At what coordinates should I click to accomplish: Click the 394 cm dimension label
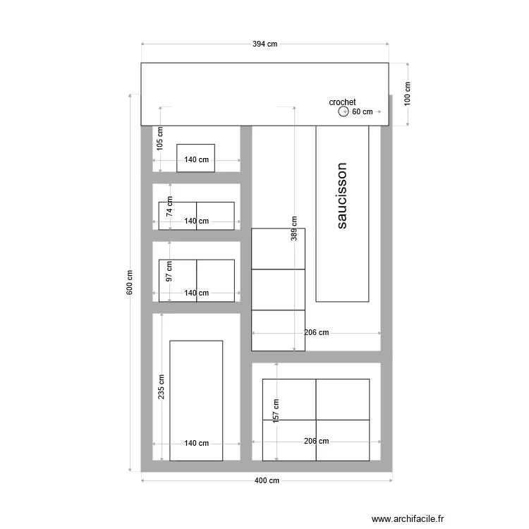[265, 44]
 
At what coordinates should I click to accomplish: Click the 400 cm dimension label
[266, 481]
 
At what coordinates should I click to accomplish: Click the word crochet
[342, 102]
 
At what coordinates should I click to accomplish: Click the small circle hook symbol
[343, 111]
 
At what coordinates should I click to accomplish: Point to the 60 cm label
[362, 111]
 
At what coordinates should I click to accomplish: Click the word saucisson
[341, 196]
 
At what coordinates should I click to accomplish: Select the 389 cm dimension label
[294, 229]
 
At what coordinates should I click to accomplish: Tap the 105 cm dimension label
[161, 139]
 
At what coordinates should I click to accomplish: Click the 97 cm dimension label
[169, 272]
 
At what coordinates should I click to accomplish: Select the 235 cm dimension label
[162, 386]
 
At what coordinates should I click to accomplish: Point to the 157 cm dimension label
[276, 412]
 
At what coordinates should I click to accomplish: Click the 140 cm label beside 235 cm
[197, 444]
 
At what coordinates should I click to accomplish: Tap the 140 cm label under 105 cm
[197, 160]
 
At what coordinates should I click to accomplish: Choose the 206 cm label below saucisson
[317, 332]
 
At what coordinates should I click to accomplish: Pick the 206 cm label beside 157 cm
[316, 441]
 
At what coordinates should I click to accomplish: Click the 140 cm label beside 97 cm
[197, 293]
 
